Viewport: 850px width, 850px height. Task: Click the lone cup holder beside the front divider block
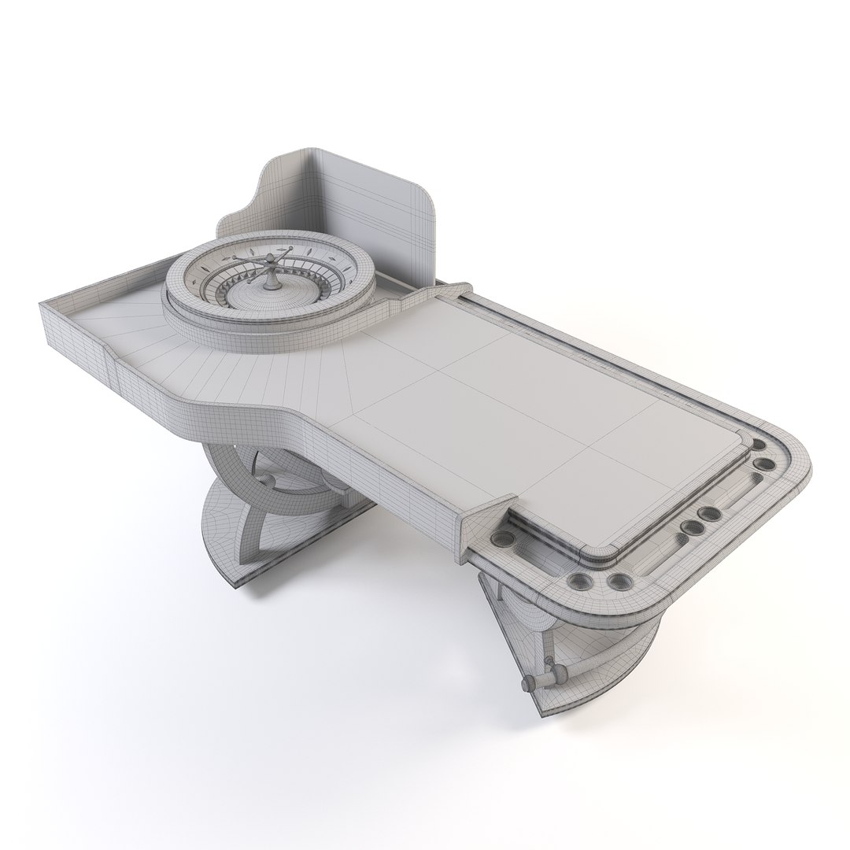click(502, 540)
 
